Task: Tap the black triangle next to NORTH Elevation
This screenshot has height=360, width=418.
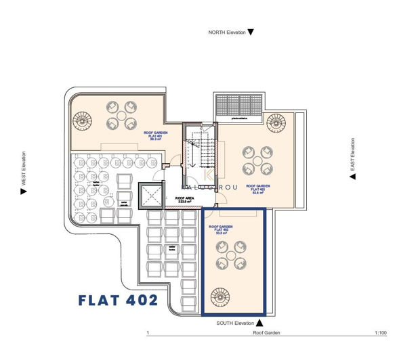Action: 251,32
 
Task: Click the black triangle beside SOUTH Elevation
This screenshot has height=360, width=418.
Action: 262,323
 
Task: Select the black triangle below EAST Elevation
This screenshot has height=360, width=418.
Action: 352,177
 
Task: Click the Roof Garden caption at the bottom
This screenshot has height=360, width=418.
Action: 266,334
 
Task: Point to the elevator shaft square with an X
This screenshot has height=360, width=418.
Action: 150,197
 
